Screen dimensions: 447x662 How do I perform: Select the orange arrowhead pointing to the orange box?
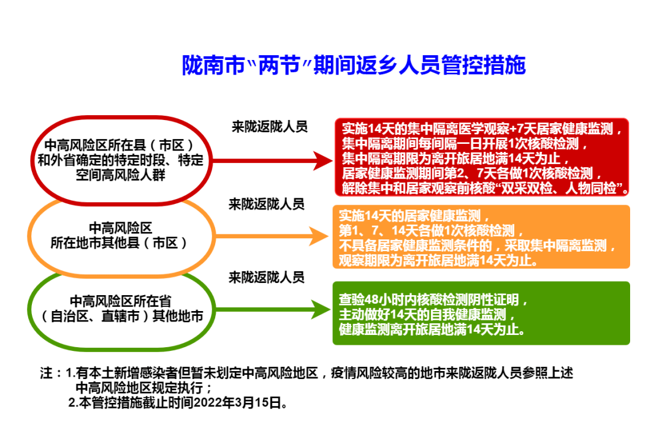pyautogui.click(x=321, y=235)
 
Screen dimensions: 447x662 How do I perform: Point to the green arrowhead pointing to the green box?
pyautogui.click(x=321, y=309)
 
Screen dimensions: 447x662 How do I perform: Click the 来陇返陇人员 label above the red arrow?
pyautogui.click(x=269, y=127)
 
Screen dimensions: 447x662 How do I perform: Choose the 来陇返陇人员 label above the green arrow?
pyautogui.click(x=267, y=277)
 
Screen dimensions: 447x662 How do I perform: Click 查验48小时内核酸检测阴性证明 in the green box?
pyautogui.click(x=433, y=300)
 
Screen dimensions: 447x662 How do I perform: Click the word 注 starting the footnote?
pyautogui.click(x=46, y=373)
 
